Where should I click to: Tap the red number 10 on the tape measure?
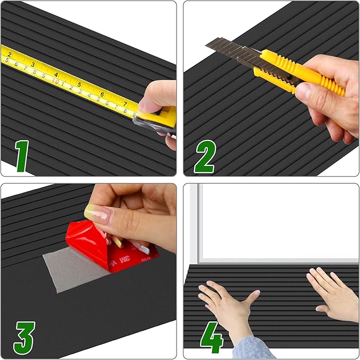click(55, 82)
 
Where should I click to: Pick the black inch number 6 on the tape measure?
click(102, 94)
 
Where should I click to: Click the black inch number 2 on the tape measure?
click(10, 54)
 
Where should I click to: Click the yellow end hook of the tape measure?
click(169, 116)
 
